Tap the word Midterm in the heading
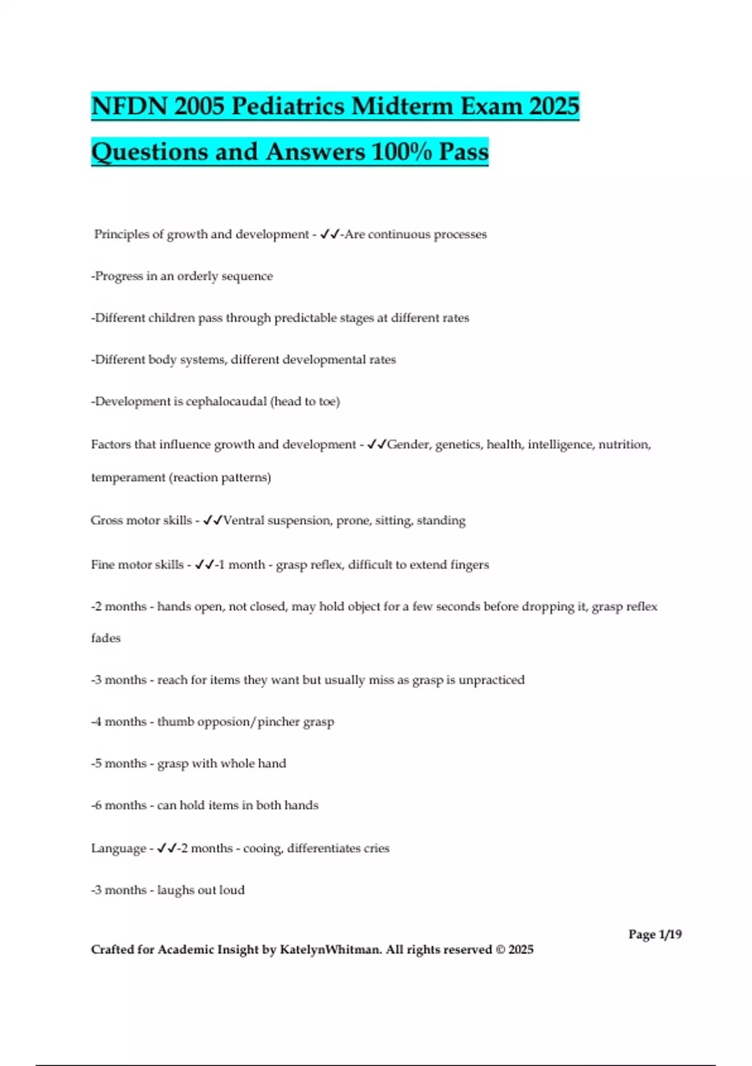tap(402, 106)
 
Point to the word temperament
tap(128, 477)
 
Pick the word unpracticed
tap(491, 680)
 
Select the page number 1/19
tap(670, 934)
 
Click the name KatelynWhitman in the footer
tap(330, 949)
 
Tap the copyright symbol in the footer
tap(500, 949)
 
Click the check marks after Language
tap(167, 848)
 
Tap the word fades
tap(105, 638)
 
